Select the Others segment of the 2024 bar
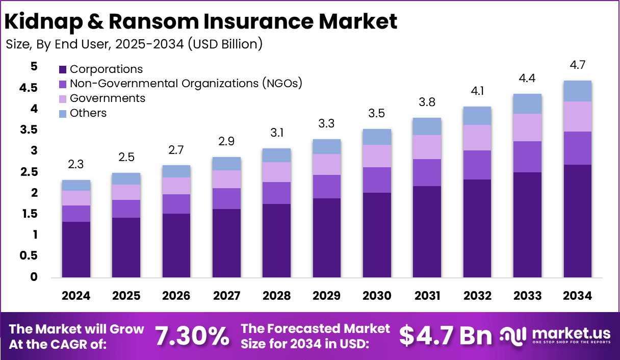point(76,185)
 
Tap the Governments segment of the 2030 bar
point(377,156)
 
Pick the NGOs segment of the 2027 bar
point(226,198)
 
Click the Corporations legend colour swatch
point(63,69)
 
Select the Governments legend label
point(108,98)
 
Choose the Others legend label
point(88,113)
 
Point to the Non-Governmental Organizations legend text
point(186,84)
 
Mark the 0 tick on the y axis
point(34,277)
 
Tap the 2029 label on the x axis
point(327,296)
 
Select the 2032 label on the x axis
point(477,296)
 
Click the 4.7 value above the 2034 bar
point(577,65)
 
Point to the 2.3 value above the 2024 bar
point(76,165)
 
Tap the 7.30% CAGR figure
point(192,336)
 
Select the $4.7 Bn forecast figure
point(446,336)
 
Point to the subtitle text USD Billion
point(225,44)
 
